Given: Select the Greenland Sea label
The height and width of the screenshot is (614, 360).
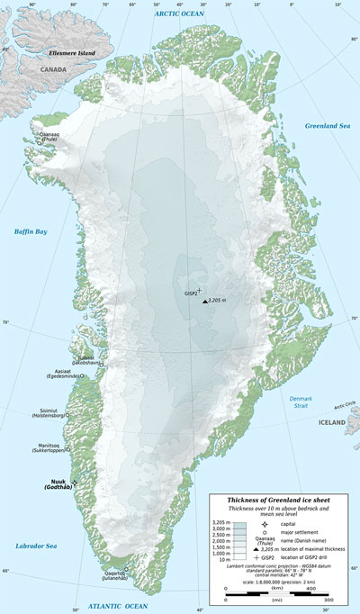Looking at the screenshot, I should pyautogui.click(x=327, y=124).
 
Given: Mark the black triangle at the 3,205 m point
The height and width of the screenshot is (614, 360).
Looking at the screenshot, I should pyautogui.click(x=204, y=302).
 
